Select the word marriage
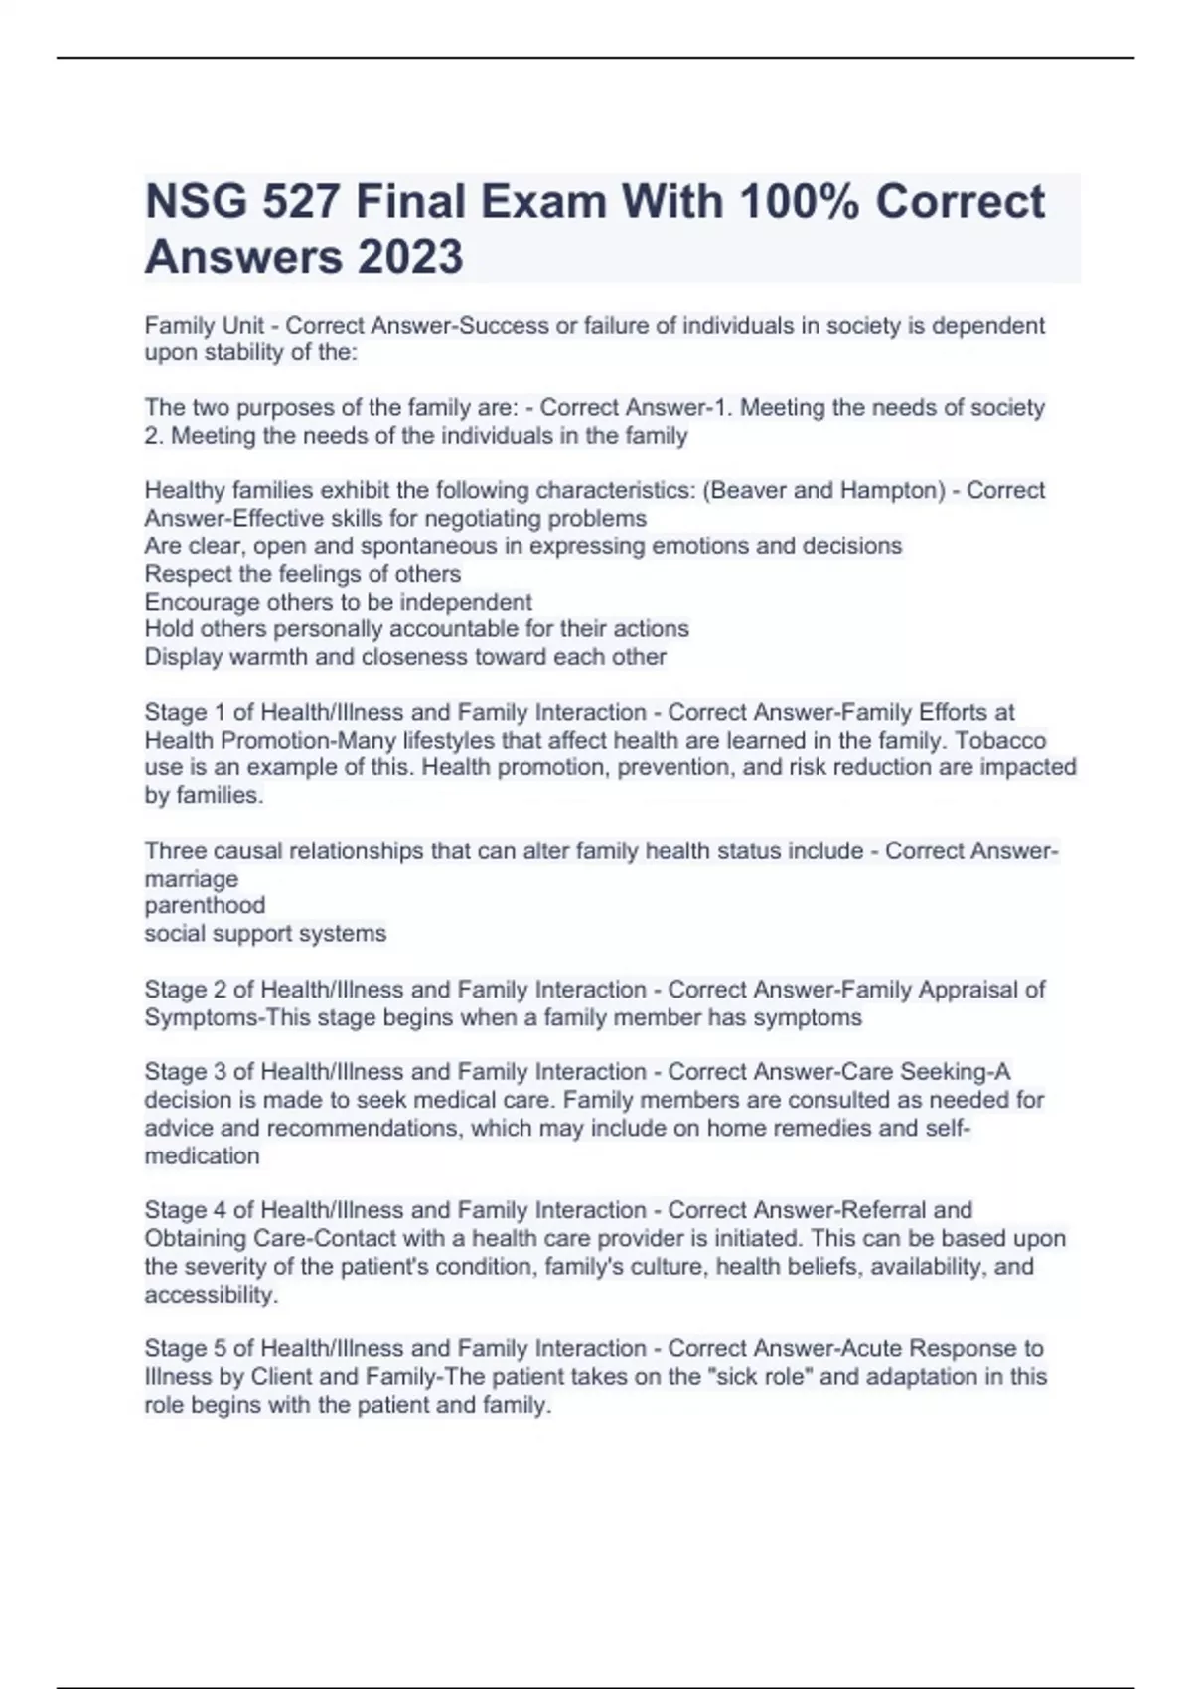coord(191,879)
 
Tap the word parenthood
coord(205,905)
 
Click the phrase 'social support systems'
coord(265,933)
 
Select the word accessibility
coord(210,1295)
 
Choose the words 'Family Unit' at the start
coord(204,326)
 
